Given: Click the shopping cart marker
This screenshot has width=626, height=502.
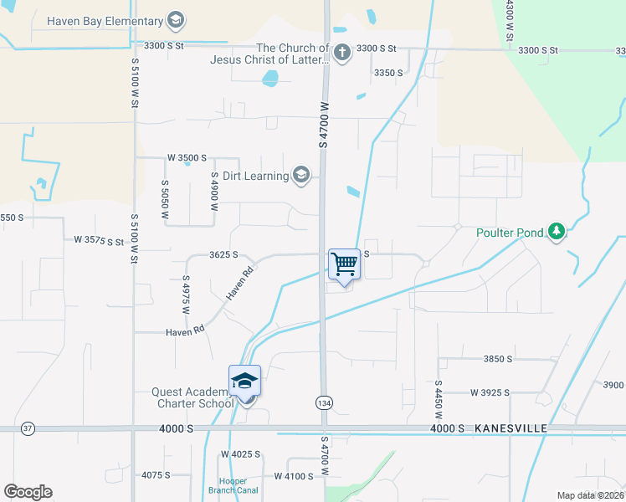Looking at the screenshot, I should click(344, 264).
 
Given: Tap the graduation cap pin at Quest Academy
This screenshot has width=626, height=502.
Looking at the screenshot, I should click(245, 382).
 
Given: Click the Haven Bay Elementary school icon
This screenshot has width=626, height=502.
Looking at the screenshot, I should click(176, 20).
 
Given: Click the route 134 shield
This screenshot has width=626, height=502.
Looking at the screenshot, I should click(323, 403).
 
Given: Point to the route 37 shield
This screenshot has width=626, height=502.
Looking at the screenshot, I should click(28, 428).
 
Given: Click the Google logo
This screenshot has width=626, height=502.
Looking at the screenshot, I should click(28, 492).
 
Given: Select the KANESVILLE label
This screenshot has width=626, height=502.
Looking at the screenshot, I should click(511, 428).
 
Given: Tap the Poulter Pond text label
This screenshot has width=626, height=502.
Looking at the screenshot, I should click(510, 233).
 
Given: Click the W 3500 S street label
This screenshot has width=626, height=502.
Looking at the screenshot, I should click(187, 157).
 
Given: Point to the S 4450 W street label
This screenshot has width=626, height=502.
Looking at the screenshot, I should click(438, 399).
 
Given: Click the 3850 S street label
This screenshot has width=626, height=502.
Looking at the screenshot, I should click(497, 359).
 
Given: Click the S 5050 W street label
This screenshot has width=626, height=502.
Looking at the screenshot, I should click(166, 201).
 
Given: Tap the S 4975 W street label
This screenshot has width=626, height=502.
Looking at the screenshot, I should click(186, 293).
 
